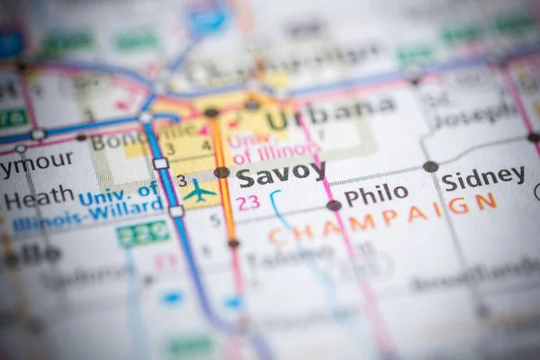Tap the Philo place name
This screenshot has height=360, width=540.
(x=375, y=193)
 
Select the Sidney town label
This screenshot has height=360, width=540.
(x=482, y=177)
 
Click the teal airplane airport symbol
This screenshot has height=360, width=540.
(x=199, y=191)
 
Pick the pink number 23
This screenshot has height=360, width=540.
(x=248, y=203)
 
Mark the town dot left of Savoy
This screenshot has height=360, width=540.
(x=221, y=173)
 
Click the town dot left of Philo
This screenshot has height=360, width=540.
(x=334, y=205)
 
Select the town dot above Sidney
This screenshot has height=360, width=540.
(x=431, y=166)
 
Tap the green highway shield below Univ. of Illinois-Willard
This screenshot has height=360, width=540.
(x=143, y=233)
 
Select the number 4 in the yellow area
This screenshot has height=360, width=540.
(x=206, y=147)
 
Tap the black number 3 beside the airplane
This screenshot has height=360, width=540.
(x=183, y=181)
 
